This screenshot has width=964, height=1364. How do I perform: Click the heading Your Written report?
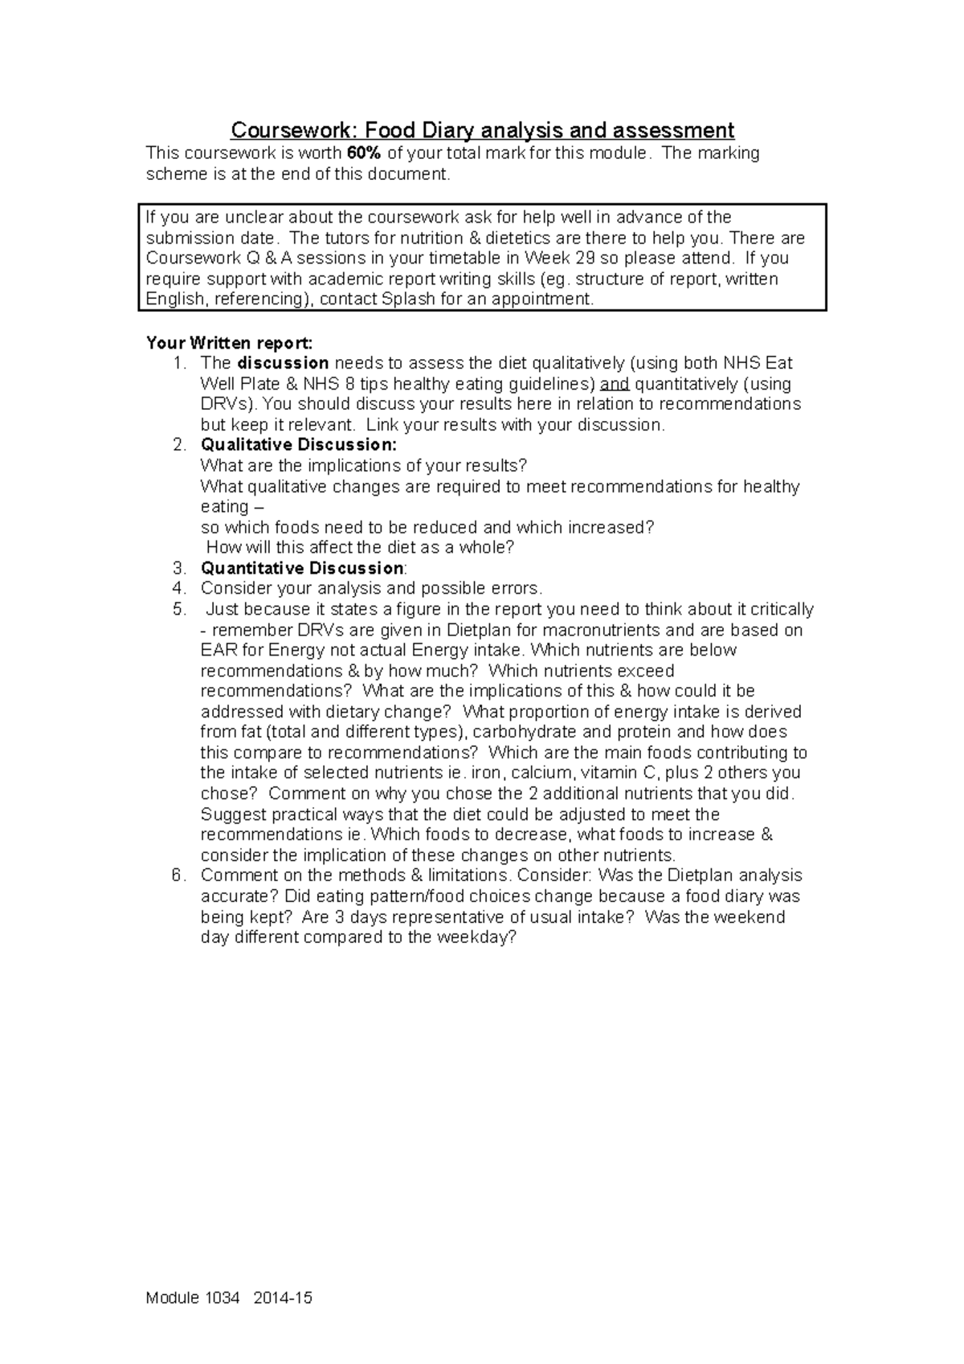(224, 343)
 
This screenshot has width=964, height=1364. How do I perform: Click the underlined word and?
(615, 384)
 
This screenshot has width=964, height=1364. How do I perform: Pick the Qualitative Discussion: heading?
(298, 445)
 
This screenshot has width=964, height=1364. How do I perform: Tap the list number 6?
(178, 876)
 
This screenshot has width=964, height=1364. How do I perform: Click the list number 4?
(178, 589)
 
